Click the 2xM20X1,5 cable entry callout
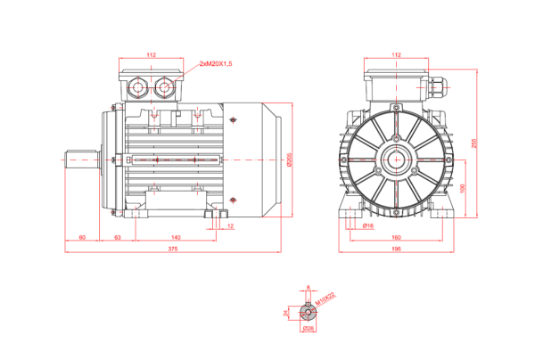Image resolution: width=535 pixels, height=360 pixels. pos(217,65)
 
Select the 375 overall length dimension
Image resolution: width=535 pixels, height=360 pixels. pos(173,249)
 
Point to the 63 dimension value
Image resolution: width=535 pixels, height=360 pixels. pos(118,237)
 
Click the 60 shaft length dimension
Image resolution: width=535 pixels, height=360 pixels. pos(82,237)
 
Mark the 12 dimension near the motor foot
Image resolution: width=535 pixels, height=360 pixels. pos(230,226)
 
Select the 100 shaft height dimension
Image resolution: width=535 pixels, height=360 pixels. pos(462,189)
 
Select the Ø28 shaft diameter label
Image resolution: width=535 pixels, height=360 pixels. pos(308,328)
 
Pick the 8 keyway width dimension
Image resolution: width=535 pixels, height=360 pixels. pos(308,288)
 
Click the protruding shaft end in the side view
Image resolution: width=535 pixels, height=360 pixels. pos(82,160)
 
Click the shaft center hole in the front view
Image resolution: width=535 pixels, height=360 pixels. pos(396,161)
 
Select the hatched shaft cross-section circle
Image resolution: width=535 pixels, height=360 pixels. pos(308,312)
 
